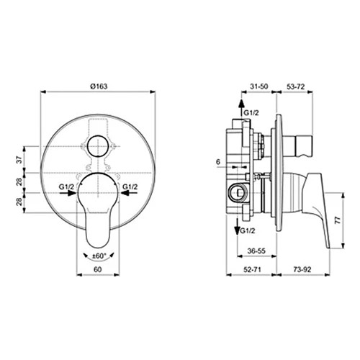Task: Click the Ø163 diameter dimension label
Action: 98,86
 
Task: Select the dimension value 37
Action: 20,159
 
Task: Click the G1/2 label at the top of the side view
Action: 251,113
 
